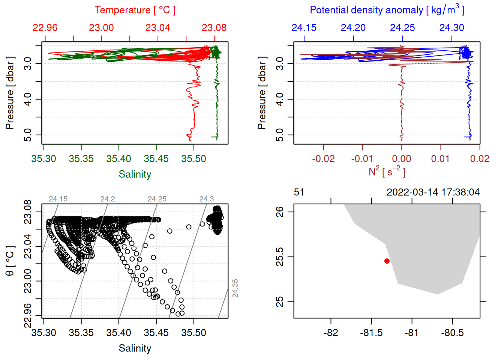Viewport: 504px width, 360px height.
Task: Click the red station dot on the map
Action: tap(387, 261)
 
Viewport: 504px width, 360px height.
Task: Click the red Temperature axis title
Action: tap(135, 10)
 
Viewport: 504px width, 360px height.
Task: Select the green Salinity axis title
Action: tap(135, 174)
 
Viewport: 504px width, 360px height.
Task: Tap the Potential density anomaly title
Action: tap(387, 10)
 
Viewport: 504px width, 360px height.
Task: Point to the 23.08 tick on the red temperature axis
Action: tap(214, 28)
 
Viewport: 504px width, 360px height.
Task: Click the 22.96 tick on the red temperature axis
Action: tap(45, 28)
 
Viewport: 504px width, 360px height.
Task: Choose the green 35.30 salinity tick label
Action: tap(43, 159)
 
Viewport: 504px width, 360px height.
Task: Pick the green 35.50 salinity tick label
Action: tap(193, 159)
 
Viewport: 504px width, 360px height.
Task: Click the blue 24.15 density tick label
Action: tap(304, 28)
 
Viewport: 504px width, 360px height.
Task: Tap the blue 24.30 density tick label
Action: tap(452, 28)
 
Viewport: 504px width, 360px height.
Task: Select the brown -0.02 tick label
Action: tap(323, 159)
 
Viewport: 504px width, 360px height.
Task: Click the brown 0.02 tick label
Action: tap(480, 159)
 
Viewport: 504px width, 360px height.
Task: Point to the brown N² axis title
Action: tap(387, 172)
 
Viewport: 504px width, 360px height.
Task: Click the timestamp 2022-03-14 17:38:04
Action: tap(433, 192)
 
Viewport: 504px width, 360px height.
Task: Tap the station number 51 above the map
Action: tap(299, 192)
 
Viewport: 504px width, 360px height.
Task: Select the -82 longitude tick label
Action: tap(331, 333)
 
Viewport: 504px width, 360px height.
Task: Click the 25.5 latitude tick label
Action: tap(280, 257)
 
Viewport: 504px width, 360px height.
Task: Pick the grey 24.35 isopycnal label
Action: tap(235, 288)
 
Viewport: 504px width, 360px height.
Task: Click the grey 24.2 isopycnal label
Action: tap(108, 199)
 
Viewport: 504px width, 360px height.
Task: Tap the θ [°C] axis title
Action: tap(10, 261)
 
